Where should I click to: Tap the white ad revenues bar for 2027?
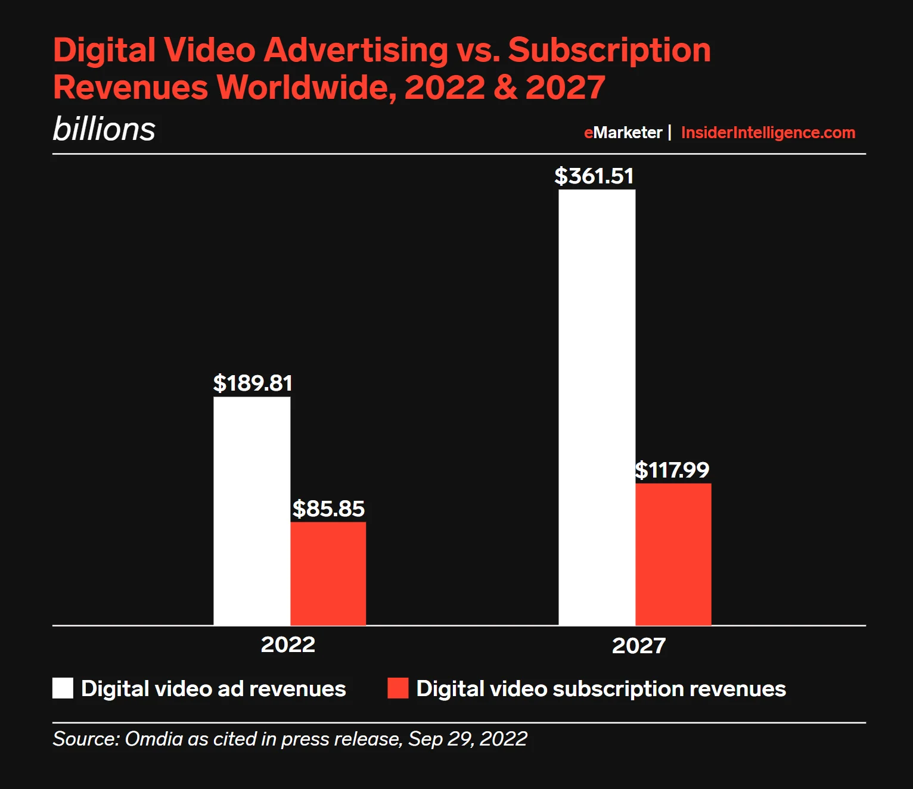(597, 407)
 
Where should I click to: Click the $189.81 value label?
(253, 383)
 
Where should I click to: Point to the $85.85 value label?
(328, 509)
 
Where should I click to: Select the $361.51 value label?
(594, 176)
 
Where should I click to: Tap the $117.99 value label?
(672, 470)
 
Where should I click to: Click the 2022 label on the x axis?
(288, 644)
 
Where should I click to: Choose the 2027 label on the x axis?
(638, 645)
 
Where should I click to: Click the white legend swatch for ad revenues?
(63, 688)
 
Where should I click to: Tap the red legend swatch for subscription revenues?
(398, 688)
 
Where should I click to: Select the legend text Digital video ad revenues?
(213, 688)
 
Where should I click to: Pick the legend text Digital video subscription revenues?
(601, 688)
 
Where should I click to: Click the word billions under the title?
(104, 129)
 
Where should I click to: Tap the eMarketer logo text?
(623, 132)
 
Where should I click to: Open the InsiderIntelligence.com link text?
(768, 132)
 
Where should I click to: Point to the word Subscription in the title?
(609, 49)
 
